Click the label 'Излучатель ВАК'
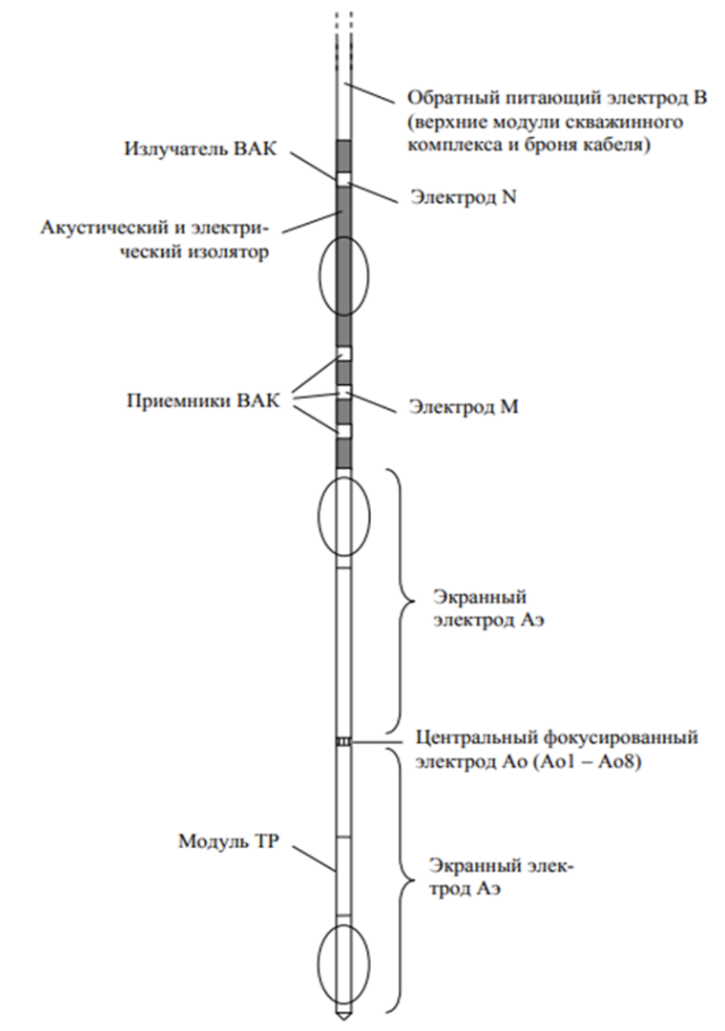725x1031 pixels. [x=200, y=149]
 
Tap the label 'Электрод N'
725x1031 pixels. [x=463, y=197]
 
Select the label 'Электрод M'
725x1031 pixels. [x=463, y=407]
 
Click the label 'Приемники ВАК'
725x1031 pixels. [x=202, y=400]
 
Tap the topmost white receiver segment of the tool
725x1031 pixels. [x=344, y=353]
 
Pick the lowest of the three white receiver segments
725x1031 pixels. [x=344, y=431]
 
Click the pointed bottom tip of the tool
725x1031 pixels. [x=344, y=1017]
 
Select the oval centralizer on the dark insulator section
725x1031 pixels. [x=344, y=276]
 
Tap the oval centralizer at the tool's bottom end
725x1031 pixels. [x=344, y=964]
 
